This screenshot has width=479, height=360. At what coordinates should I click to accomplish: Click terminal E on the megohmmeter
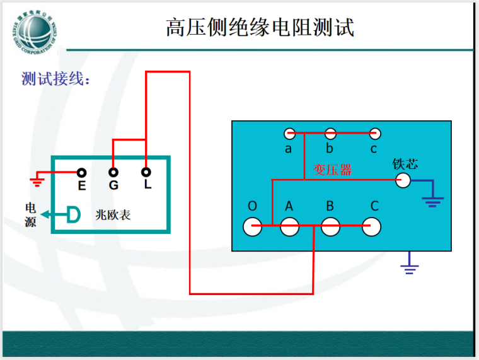coord(81,172)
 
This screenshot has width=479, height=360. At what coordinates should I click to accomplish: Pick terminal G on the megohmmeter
coord(113,172)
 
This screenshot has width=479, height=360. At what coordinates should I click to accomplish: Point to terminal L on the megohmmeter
coord(146,171)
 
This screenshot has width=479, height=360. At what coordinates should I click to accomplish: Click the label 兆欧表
coord(113,214)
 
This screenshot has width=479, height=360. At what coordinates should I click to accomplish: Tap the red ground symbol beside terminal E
coord(37,183)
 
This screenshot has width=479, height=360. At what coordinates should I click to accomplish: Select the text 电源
coord(30,214)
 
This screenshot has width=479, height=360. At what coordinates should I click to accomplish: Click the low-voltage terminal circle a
coord(289,134)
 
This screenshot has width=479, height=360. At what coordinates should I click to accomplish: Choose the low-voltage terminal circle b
coord(330,134)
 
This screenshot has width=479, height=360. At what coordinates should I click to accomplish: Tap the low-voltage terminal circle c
coord(375,134)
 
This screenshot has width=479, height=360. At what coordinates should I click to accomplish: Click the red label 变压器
coord(333,170)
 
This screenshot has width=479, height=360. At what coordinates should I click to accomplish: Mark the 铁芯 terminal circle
coord(402,181)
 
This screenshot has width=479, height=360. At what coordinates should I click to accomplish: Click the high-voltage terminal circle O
coord(253,226)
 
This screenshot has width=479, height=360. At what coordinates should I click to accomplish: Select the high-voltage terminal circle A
coord(289,226)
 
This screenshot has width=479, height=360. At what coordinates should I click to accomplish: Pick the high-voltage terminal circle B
coord(330,226)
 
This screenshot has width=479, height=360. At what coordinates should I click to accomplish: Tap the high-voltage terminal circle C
coord(372,226)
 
